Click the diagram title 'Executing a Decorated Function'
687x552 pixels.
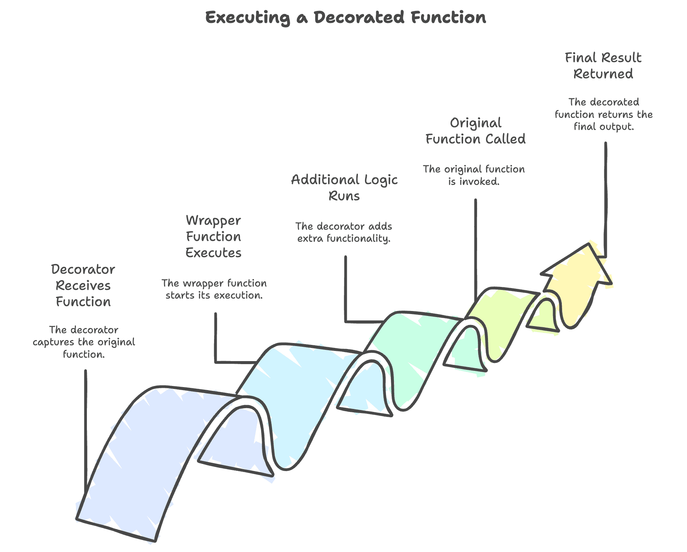click(x=345, y=18)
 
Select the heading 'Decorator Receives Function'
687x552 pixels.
click(x=83, y=285)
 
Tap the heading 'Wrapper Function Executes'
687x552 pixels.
click(x=213, y=236)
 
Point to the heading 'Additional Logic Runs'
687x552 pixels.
click(x=344, y=188)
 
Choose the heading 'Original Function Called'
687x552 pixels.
click(x=475, y=131)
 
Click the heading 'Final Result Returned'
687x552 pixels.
click(x=603, y=66)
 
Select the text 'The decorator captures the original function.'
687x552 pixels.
click(x=84, y=342)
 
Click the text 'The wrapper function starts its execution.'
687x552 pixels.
click(x=214, y=289)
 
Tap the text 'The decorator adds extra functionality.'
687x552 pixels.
click(x=344, y=232)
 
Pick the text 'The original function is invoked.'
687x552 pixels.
click(x=474, y=175)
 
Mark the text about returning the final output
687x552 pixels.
click(x=603, y=114)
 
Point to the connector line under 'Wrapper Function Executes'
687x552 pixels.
click(x=216, y=339)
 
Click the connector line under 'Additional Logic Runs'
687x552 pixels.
click(x=345, y=290)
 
